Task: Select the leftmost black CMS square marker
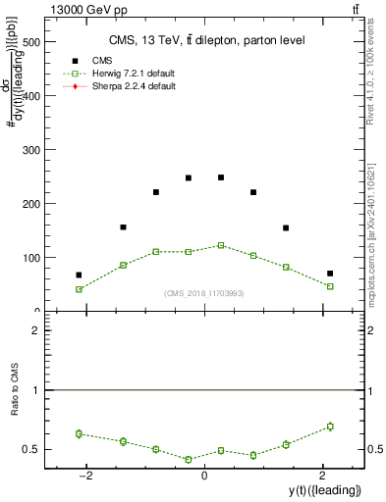(x=79, y=276)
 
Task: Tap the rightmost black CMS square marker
(x=330, y=274)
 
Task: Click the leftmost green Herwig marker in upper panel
(x=79, y=289)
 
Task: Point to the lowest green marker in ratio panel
(x=189, y=459)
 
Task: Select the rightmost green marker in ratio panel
(x=330, y=427)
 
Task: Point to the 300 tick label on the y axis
(x=30, y=151)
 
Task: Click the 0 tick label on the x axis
(x=204, y=477)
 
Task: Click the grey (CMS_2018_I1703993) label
(x=204, y=293)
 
